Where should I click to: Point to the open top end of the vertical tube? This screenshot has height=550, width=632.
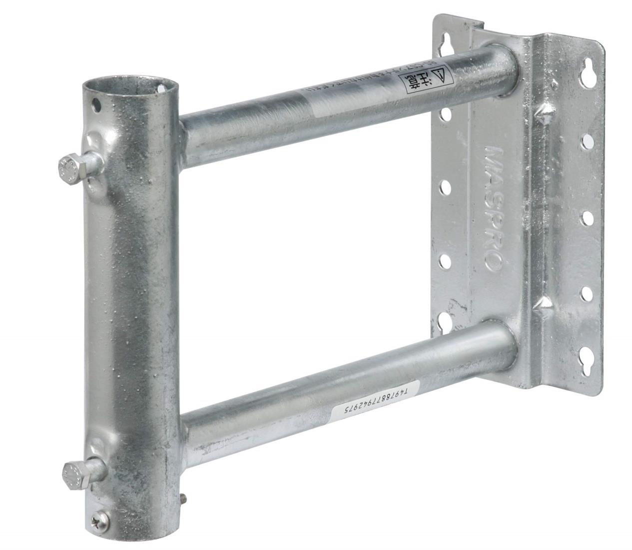point(129,86)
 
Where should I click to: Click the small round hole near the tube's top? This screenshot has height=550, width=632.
point(95,105)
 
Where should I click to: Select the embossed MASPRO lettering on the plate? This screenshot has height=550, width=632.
point(492,207)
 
